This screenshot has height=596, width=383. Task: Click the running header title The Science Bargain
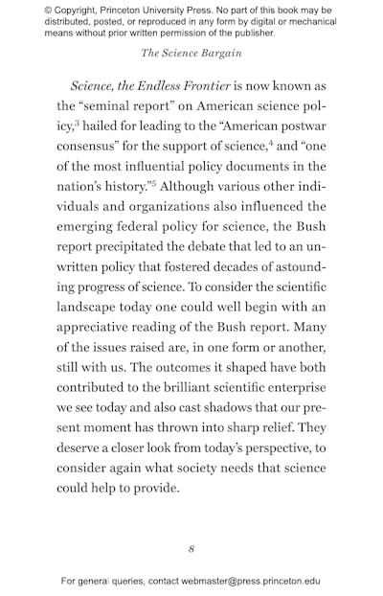click(191, 53)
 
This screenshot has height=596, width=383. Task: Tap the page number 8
click(191, 549)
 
